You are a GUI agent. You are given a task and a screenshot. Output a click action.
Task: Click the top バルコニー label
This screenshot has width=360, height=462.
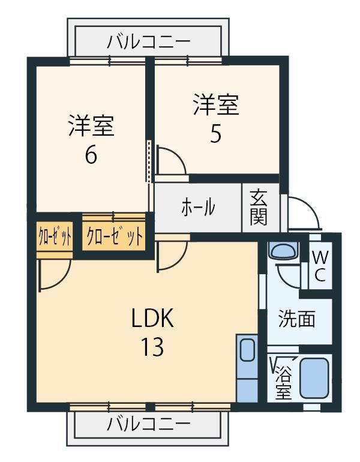click(148, 42)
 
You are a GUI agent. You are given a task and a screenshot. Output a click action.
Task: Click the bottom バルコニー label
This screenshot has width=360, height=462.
click(148, 424)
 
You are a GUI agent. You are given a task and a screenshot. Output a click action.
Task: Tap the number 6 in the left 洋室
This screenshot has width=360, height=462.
click(91, 155)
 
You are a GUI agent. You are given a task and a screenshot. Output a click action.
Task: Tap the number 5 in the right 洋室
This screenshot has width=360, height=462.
click(215, 134)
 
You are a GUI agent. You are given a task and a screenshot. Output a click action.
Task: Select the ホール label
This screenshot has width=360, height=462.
click(198, 207)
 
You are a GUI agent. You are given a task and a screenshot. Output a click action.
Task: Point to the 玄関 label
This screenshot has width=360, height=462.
click(259, 208)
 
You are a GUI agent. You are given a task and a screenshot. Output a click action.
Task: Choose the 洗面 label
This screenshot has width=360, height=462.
click(297, 319)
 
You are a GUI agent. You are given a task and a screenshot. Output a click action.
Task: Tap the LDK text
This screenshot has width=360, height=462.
click(152, 317)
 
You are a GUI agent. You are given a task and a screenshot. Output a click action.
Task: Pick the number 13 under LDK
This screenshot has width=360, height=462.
click(152, 347)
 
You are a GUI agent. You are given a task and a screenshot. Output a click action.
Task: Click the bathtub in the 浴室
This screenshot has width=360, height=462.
click(314, 378)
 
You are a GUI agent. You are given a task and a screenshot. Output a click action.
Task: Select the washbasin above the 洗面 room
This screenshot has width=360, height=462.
click(284, 251)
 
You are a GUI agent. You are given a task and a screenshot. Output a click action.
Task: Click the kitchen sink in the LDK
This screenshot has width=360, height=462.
click(247, 350)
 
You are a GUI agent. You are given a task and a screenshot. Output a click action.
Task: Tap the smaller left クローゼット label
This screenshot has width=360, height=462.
click(55, 236)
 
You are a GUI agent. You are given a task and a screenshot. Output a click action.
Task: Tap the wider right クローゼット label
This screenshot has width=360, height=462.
click(115, 236)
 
